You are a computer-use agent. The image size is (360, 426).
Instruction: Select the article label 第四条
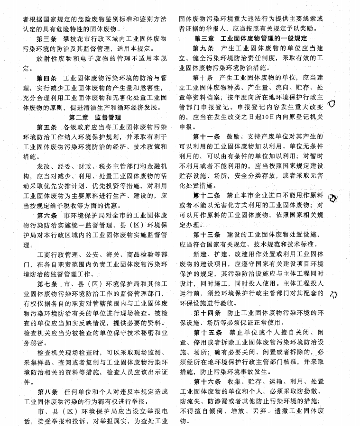coord(47,78)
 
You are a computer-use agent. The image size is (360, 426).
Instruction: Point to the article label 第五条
coord(47,127)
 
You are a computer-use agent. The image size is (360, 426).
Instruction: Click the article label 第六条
coord(47,216)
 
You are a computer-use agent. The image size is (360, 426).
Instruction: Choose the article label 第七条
coord(47,284)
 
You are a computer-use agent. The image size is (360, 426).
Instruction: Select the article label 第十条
coord(203,78)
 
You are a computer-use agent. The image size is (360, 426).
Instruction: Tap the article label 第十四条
coord(205,313)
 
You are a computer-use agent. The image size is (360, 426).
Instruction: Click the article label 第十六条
coord(205,382)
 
